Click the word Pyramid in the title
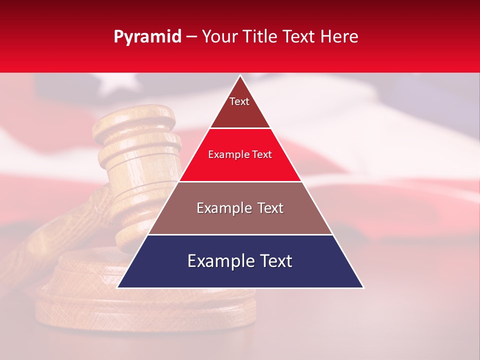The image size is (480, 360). point(147,37)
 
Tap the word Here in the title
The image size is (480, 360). point(339,37)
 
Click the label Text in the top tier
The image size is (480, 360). point(239,101)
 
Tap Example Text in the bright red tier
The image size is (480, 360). point(240,154)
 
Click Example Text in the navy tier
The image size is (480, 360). point(240,261)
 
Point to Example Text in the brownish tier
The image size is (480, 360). point(240,208)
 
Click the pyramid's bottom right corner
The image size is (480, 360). point(363,287)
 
